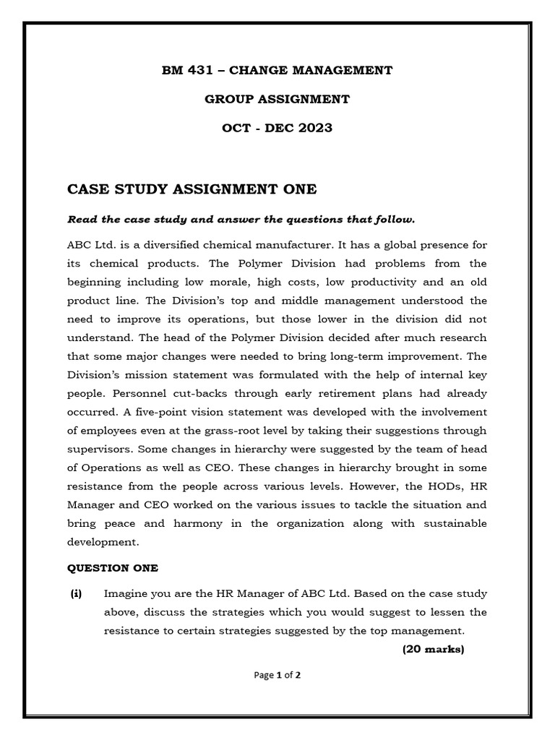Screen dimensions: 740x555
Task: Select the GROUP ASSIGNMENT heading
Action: (277, 99)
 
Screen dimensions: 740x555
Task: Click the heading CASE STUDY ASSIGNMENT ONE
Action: (192, 189)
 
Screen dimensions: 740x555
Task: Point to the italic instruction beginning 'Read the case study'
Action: (241, 219)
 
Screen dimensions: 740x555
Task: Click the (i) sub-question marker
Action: (76, 594)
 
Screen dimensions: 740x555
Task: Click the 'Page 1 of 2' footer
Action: (277, 676)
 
